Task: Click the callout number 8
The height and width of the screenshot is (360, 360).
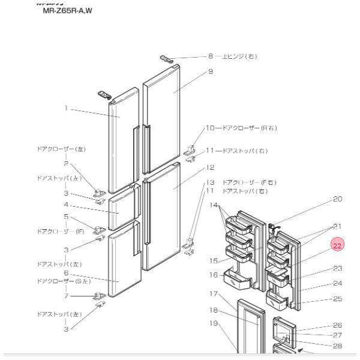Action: (211, 56)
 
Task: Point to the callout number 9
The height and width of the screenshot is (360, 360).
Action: (211, 72)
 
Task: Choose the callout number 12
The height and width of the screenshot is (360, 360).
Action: (211, 167)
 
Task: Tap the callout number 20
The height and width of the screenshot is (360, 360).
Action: (337, 199)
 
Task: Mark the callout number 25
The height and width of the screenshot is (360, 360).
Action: (337, 298)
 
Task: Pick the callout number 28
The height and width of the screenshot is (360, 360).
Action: (337, 347)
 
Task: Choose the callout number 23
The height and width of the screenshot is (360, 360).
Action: (337, 268)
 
